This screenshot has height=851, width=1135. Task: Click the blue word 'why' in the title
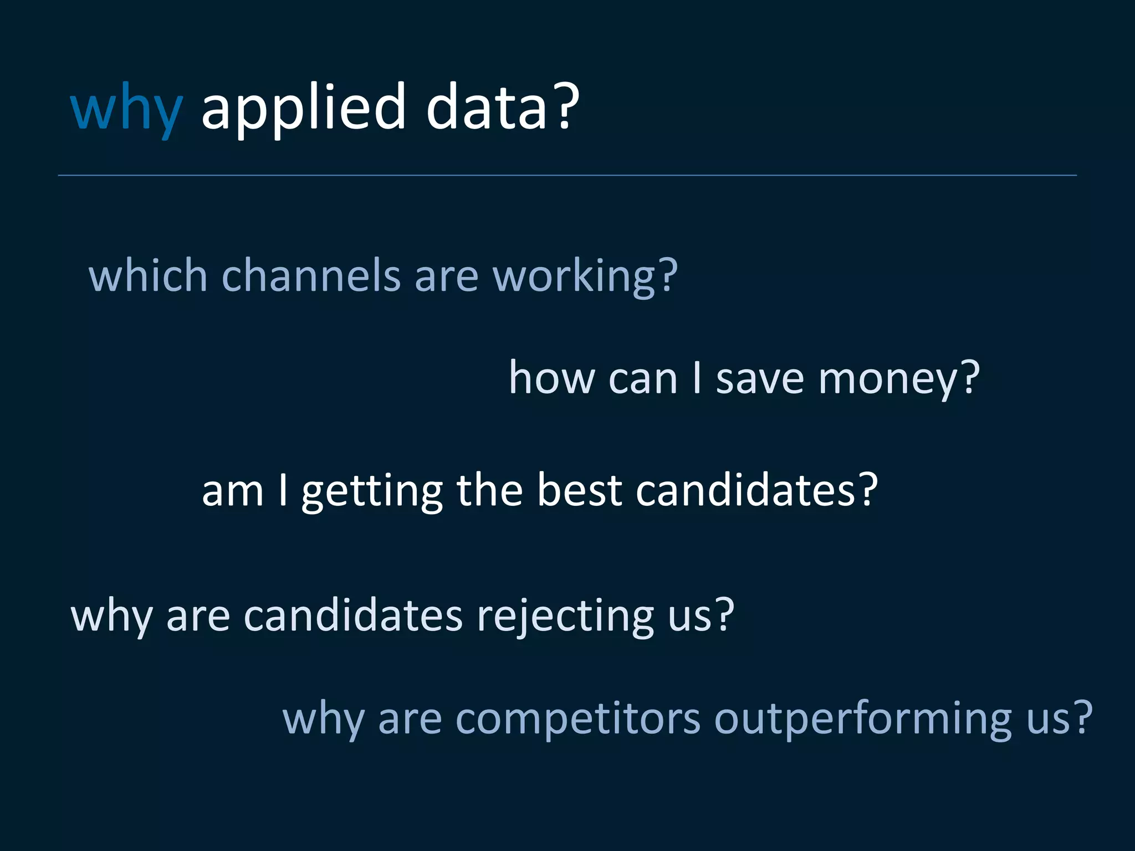(126, 108)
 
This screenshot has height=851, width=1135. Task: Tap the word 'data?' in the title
(502, 108)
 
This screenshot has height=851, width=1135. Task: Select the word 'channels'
(311, 275)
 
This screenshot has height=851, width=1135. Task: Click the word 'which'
(148, 275)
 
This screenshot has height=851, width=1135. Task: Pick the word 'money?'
(899, 378)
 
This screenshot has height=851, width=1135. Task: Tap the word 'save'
(760, 378)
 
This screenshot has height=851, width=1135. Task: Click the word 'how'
(551, 378)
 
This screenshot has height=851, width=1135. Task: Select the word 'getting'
(372, 491)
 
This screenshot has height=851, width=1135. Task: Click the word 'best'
(579, 491)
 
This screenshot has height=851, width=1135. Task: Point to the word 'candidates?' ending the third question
(756, 491)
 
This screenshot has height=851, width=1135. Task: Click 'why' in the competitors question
(323, 719)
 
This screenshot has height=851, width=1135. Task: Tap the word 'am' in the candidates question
(233, 491)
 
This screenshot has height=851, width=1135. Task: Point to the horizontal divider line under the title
(567, 175)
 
